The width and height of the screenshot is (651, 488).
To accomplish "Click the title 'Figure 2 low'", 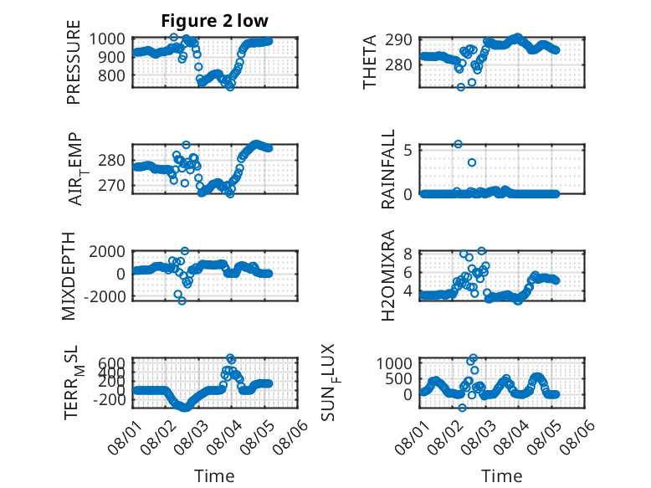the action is coord(215,21).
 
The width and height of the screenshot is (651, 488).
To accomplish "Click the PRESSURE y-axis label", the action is coord(73,62).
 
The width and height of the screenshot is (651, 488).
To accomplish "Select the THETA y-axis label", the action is coord(369,62).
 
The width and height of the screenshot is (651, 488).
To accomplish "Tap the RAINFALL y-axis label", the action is coord(387,169).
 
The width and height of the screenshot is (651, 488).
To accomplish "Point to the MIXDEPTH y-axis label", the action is coord(69,275).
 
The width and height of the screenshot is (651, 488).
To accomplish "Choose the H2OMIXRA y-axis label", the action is coord(387,275).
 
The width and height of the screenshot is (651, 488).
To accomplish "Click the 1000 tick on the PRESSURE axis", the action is coord(107,39).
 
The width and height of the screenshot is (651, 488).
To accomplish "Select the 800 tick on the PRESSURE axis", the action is coord(111,75).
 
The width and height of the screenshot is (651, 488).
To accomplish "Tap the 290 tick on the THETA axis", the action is coord(398,40).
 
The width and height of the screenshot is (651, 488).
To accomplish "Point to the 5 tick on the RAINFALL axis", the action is coord(408,150).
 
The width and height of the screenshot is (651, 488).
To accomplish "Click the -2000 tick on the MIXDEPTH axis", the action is coord(105,297).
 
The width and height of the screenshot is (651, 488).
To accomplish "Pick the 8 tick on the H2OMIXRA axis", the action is coord(408,254).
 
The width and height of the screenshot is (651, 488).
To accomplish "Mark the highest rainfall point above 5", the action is coord(458,144).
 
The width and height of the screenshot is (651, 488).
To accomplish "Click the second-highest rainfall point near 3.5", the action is coord(472,162).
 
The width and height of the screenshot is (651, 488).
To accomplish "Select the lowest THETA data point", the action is coord(461,87).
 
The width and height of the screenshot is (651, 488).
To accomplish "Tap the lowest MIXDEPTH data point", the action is coord(182,301).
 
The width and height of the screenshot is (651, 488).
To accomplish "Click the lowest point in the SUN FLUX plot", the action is coord(462,408).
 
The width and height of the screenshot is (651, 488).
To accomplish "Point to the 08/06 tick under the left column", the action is coord(290,436).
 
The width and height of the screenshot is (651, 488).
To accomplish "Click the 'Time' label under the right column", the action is coord(501,476).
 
